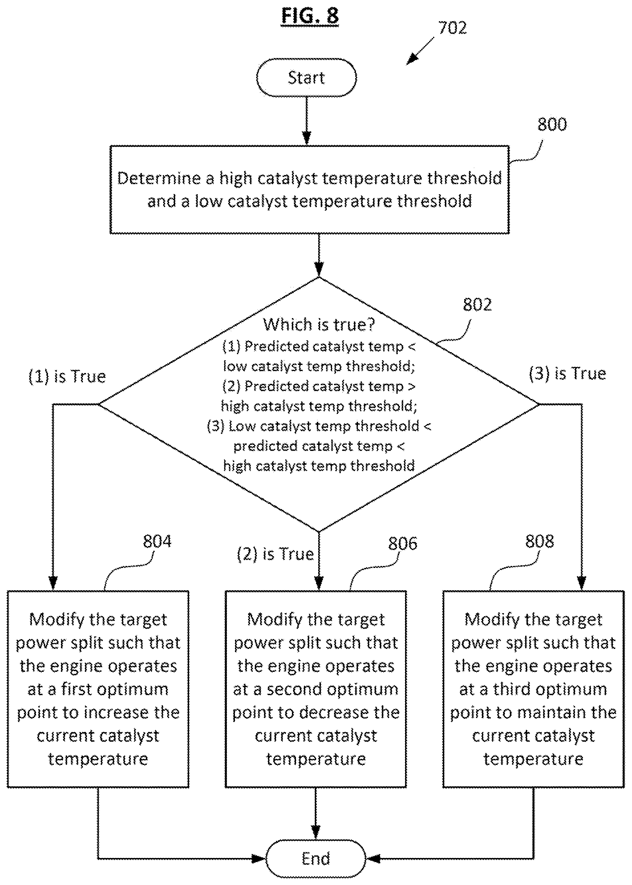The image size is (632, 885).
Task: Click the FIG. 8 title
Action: pos(310,16)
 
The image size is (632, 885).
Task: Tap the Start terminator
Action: pos(306,78)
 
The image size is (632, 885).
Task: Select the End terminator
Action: pos(315,858)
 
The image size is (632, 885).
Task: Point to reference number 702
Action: pos(452,28)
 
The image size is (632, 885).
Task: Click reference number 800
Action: pos(552,124)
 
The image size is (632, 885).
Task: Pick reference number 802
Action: pos(477,305)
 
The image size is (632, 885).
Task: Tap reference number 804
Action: pos(157,541)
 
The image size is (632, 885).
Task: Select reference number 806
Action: pos(402,543)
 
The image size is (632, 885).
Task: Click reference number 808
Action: pos(539,541)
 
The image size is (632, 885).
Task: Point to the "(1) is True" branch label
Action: pos(67,376)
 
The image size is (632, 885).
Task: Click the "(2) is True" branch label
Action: pos(275,554)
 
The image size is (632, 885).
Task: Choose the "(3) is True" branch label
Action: pos(567,374)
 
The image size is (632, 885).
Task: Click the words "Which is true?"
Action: pos(319,324)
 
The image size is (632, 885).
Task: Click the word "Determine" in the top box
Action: pos(159,178)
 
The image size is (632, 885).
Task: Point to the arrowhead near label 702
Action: pos(412,59)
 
